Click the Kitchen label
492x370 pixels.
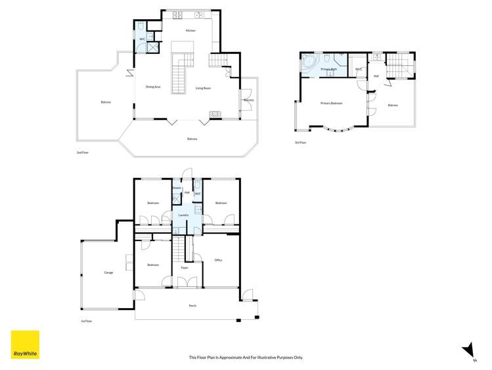click(190, 30)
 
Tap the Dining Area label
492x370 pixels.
click(153, 87)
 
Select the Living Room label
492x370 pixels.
click(203, 88)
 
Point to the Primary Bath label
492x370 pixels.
click(328, 69)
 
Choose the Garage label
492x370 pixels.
click(108, 272)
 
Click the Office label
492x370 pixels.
click(218, 260)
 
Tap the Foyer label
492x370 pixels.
click(185, 267)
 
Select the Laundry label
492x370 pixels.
click(184, 215)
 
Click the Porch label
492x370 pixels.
click(192, 305)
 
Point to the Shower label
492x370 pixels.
click(177, 188)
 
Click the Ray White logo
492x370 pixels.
click(25, 344)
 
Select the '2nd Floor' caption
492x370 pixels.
click(82, 152)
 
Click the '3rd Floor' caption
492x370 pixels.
click(301, 142)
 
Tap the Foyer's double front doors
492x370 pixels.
click(187, 282)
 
